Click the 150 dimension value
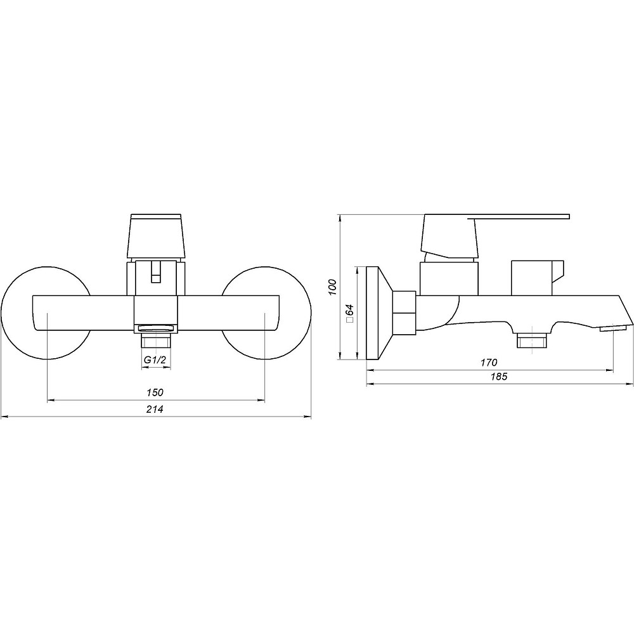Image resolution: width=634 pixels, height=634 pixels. click(155, 392)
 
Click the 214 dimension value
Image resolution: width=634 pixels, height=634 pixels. click(155, 409)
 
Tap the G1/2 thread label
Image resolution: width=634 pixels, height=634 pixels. click(155, 360)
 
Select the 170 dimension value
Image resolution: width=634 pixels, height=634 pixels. click(489, 363)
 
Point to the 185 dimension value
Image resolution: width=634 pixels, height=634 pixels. click(499, 377)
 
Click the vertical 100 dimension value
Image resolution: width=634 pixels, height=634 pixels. click(333, 287)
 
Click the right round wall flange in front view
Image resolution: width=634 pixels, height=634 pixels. click(311, 313)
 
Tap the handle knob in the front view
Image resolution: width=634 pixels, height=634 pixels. click(156, 236)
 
